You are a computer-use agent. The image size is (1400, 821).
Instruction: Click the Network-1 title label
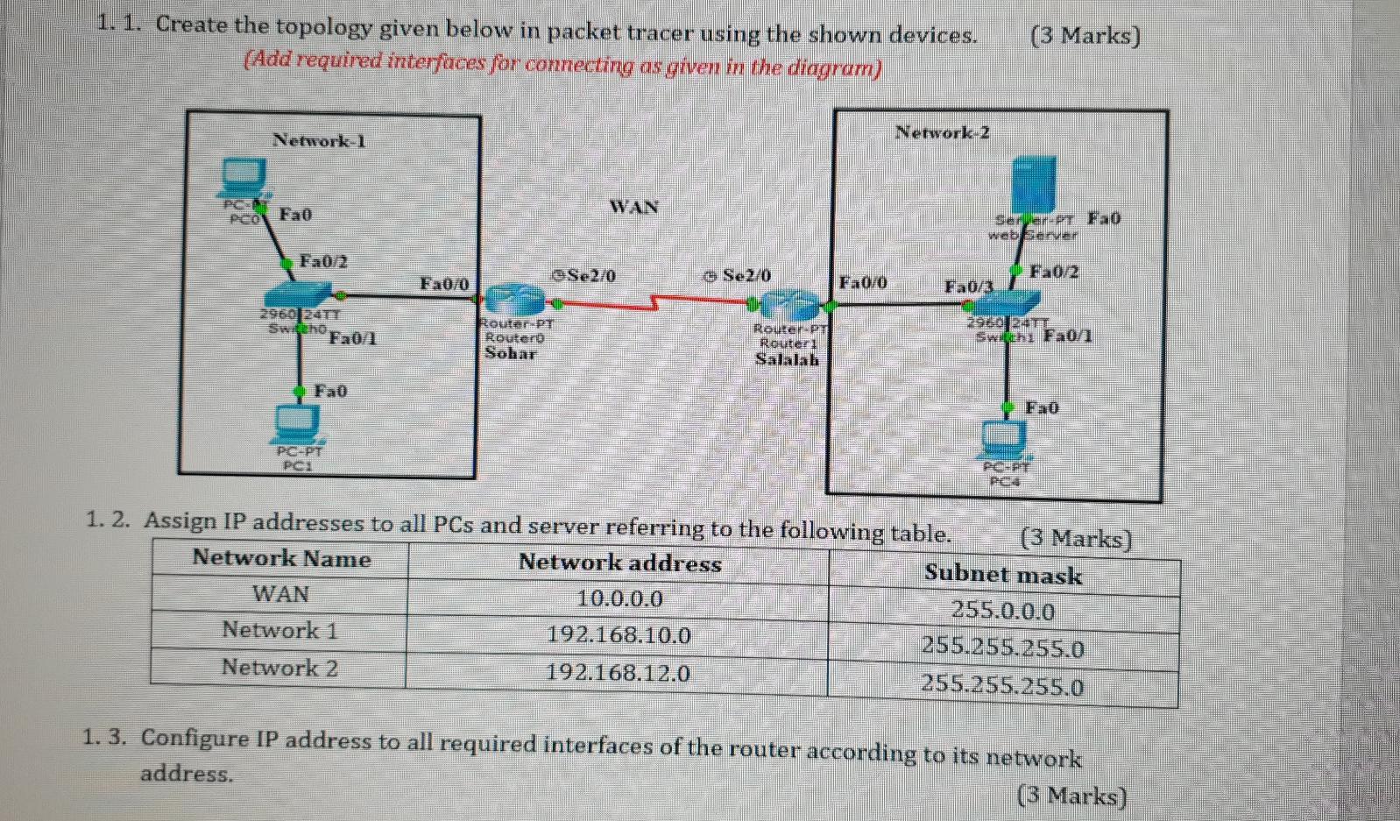click(319, 140)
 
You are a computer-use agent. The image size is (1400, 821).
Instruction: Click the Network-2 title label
click(942, 132)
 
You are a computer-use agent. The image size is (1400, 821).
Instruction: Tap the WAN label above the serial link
click(633, 207)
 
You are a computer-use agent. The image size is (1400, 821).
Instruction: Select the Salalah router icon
click(789, 305)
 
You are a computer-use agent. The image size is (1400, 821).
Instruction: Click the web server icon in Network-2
click(1034, 183)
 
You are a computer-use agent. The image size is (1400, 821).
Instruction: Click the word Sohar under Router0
click(510, 353)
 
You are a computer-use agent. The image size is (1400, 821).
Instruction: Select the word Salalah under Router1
click(787, 359)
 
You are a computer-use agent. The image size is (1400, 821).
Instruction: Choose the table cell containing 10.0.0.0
click(619, 598)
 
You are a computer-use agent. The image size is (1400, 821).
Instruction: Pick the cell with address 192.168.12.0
click(618, 672)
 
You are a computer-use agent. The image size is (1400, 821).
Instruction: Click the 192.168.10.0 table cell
click(619, 634)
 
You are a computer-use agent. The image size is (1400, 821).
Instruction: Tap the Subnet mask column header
click(1003, 575)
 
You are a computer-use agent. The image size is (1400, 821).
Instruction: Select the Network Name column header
click(281, 558)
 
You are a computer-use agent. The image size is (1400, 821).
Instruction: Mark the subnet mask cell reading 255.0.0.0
click(1003, 611)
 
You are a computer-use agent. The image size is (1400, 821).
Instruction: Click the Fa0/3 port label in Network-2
click(968, 287)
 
